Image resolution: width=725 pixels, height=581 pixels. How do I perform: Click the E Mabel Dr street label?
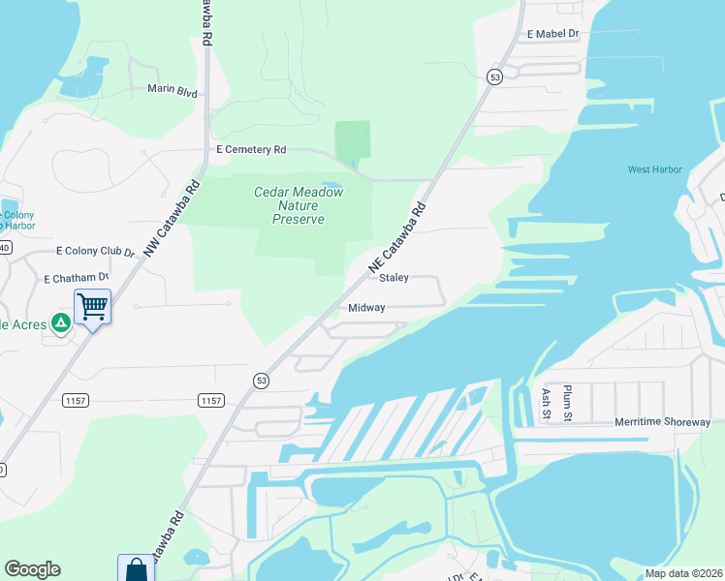[x=552, y=33]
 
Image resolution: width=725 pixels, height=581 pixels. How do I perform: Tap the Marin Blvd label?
[x=173, y=92]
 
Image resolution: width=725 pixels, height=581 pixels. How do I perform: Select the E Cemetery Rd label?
[x=251, y=150]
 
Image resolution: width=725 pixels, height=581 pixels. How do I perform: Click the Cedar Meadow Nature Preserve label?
[x=299, y=205]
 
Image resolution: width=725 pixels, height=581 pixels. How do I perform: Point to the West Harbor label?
[x=655, y=169]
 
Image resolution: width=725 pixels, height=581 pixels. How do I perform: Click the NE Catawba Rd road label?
[x=397, y=236]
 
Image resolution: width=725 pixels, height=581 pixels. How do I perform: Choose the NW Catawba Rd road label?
[x=172, y=219]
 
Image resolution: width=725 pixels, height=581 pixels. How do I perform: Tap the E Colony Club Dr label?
[x=95, y=251]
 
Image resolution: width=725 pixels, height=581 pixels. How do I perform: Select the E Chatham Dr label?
[x=77, y=278]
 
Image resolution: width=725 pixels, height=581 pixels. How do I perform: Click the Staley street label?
[x=394, y=278]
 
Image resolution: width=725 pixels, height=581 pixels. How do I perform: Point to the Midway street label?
[x=367, y=308]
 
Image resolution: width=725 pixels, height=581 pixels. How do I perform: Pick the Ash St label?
[x=547, y=403]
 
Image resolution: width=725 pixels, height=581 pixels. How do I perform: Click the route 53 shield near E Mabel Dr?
[x=494, y=77]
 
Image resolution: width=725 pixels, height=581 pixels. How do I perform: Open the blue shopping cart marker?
[x=92, y=308]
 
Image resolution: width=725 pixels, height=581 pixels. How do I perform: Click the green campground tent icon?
[x=61, y=322]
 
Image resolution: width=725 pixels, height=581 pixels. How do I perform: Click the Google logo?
[x=32, y=569]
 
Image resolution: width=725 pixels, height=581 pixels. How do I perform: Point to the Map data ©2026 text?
[x=683, y=573]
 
